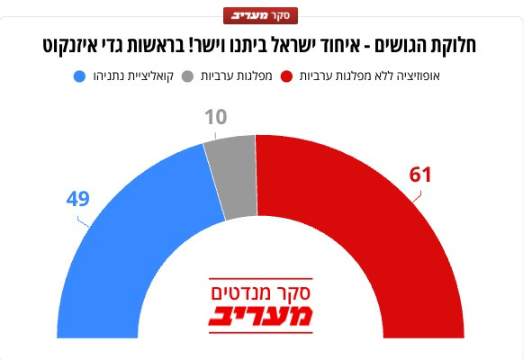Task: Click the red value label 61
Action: click(x=420, y=175)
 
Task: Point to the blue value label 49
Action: click(x=78, y=199)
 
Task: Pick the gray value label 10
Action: click(x=216, y=117)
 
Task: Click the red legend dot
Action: click(x=286, y=76)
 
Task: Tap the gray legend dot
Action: click(x=187, y=76)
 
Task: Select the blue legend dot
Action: click(x=79, y=76)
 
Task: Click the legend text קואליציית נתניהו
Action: click(x=133, y=76)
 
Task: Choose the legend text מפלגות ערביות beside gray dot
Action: click(x=237, y=76)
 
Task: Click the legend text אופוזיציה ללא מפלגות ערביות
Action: click(x=369, y=76)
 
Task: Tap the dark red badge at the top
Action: click(x=260, y=15)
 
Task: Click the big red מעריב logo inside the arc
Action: click(x=260, y=316)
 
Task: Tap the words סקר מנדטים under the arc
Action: click(x=260, y=292)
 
